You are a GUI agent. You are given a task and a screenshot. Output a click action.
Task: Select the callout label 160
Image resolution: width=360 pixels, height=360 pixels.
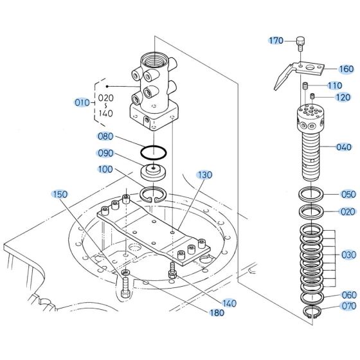tap(346, 69)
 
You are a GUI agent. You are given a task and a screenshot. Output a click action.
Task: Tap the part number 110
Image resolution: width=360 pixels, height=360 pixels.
tap(334, 86)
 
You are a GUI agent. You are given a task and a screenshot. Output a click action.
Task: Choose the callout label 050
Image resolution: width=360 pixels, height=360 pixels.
tap(348, 194)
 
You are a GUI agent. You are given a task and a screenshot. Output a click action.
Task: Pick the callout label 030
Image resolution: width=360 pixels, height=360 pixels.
tap(348, 255)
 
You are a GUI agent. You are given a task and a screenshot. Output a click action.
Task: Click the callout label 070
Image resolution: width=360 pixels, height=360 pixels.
tap(348, 306)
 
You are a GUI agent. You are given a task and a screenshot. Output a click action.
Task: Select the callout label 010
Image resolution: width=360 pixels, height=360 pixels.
tap(82, 102)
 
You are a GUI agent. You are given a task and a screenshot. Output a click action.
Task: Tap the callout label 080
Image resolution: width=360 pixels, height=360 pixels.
tap(105, 136)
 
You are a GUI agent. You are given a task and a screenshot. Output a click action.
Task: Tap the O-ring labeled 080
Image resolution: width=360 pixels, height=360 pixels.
tap(154, 153)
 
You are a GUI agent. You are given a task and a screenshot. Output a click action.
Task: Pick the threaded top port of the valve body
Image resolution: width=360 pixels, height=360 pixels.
tap(156, 65)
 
